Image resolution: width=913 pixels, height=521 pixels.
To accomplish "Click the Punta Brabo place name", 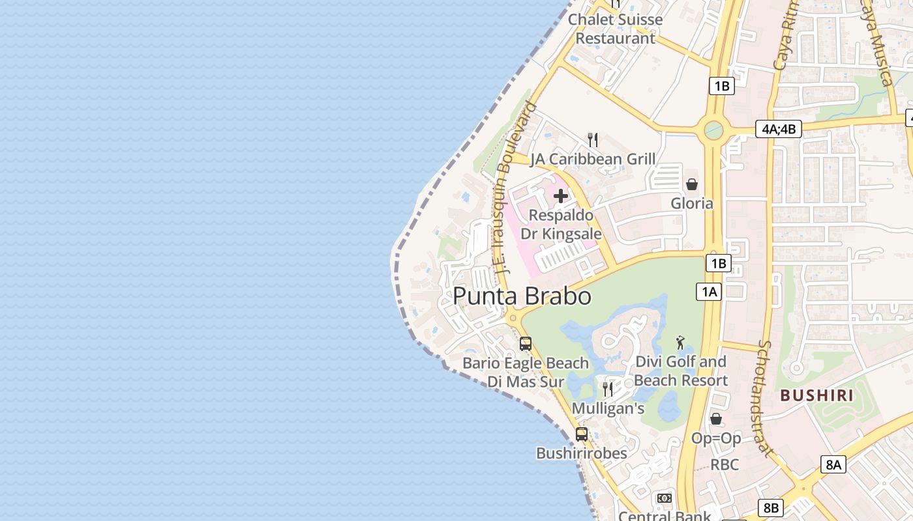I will [x=522, y=296].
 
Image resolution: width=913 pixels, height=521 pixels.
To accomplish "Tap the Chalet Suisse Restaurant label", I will [x=615, y=29].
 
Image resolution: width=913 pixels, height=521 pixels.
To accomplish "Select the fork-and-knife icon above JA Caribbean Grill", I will [x=593, y=139].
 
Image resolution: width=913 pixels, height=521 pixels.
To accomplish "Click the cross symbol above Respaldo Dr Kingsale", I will [x=561, y=195].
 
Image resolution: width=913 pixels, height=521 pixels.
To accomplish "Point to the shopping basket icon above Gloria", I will [x=692, y=184].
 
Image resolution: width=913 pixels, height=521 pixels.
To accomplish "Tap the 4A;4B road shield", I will [x=779, y=129].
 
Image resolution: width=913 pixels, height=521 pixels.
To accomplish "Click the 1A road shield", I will [x=709, y=291].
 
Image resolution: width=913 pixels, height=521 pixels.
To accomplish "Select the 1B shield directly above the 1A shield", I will [x=718, y=263].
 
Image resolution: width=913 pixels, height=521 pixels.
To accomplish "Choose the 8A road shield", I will [x=834, y=464].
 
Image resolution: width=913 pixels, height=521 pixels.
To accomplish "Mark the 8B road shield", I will [x=771, y=508].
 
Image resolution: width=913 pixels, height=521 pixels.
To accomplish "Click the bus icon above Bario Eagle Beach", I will [x=526, y=343].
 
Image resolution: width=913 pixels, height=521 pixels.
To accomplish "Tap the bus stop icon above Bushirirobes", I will [x=582, y=434].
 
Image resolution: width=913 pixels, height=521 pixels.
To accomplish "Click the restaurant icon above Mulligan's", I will [x=608, y=389].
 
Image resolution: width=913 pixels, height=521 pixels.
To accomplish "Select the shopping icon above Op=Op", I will [x=716, y=419].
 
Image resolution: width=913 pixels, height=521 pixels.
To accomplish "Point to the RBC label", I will [x=725, y=464].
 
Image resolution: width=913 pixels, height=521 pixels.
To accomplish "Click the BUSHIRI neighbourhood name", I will [x=817, y=395].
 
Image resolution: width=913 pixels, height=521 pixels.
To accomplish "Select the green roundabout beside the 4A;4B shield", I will [x=713, y=130].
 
